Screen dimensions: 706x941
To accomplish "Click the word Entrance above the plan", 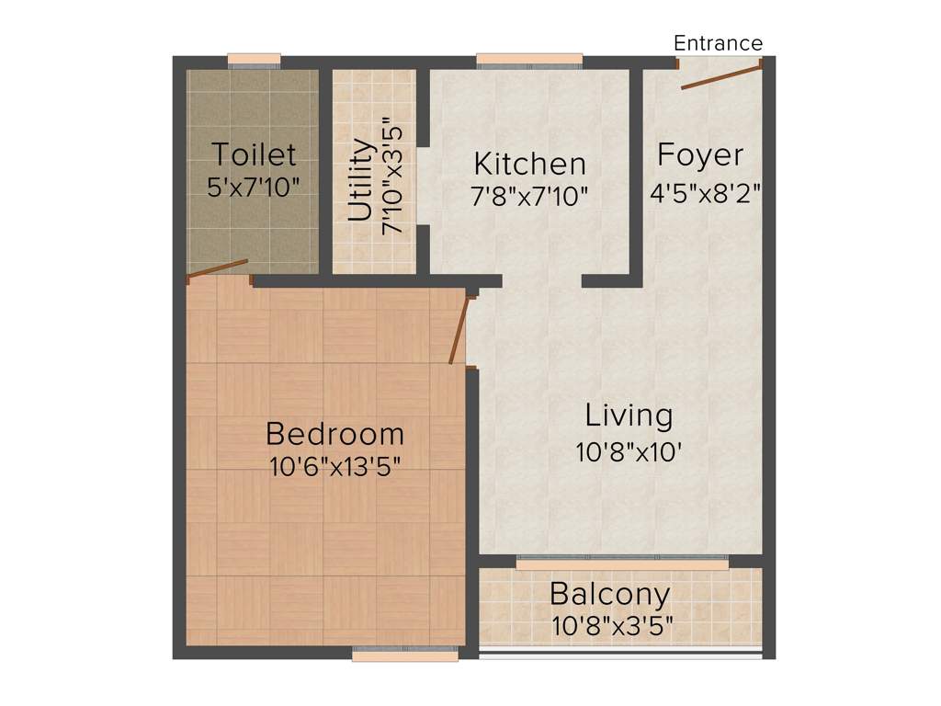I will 718,43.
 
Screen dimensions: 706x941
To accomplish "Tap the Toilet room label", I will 254,154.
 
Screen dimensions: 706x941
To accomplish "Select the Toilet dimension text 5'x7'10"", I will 254,187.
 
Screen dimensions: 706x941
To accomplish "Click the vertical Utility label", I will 361,180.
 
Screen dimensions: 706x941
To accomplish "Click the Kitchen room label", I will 529,165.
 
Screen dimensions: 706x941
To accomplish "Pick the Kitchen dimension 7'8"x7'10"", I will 530,196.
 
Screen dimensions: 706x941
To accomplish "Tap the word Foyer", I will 700,155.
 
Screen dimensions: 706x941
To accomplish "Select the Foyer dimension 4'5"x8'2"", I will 705,194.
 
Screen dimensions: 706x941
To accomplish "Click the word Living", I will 629,416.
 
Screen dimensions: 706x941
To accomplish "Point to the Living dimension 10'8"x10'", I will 629,452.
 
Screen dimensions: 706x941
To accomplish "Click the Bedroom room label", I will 334,433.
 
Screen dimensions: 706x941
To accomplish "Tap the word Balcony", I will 609,594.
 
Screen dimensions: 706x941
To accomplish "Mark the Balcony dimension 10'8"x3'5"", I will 612,627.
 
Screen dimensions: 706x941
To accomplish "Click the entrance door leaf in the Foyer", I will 721,76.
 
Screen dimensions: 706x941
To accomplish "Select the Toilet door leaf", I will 218,268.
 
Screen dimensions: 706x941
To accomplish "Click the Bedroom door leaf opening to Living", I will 459,330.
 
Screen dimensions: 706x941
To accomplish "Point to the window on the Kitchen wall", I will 529,62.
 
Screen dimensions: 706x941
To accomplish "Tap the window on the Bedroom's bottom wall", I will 404,654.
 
